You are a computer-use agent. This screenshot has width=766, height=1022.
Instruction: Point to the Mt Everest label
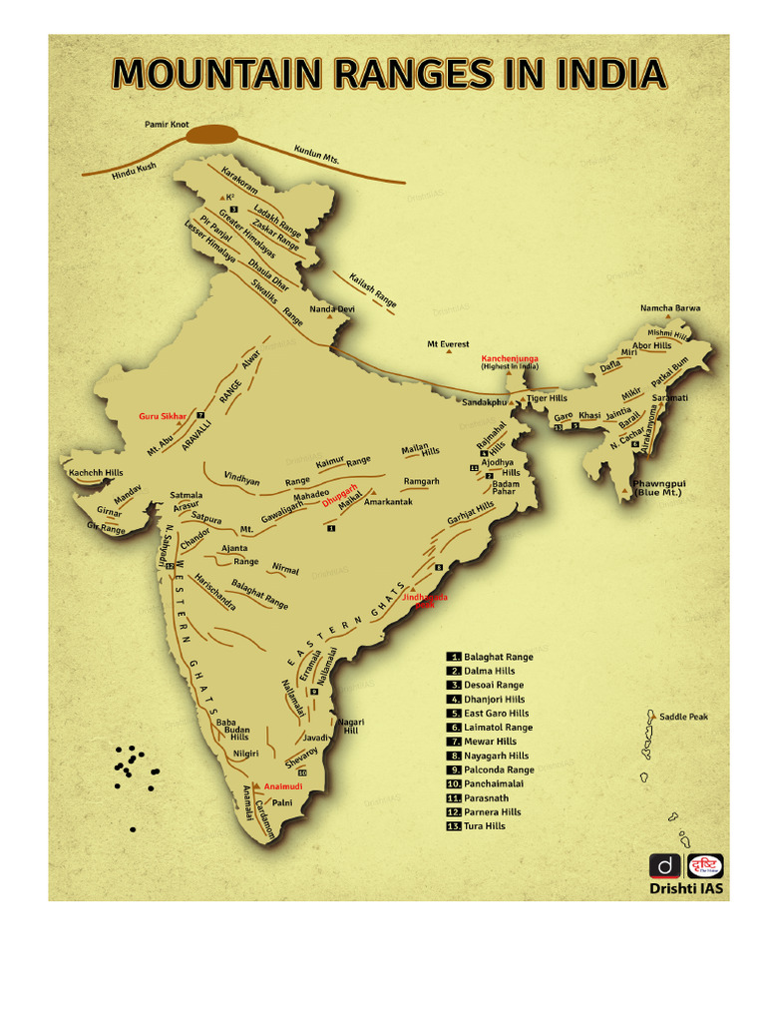448,344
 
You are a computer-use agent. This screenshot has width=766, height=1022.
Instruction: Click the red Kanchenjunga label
510,357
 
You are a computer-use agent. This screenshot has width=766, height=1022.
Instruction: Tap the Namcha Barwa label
669,308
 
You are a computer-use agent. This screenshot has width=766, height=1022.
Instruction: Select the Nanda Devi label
331,309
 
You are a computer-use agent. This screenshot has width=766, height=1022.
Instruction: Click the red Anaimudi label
283,786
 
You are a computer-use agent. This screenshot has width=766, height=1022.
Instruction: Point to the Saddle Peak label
683,717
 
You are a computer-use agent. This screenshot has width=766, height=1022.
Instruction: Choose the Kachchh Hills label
96,471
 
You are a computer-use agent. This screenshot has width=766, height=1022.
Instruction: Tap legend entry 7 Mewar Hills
489,742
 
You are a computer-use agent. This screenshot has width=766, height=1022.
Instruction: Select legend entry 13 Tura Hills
484,826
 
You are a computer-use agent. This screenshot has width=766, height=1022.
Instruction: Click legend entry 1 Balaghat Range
498,657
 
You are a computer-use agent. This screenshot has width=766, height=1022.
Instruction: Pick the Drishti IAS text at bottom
685,888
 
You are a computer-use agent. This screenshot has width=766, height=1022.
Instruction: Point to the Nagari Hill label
350,727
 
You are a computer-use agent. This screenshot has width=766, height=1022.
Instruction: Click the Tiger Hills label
547,398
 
